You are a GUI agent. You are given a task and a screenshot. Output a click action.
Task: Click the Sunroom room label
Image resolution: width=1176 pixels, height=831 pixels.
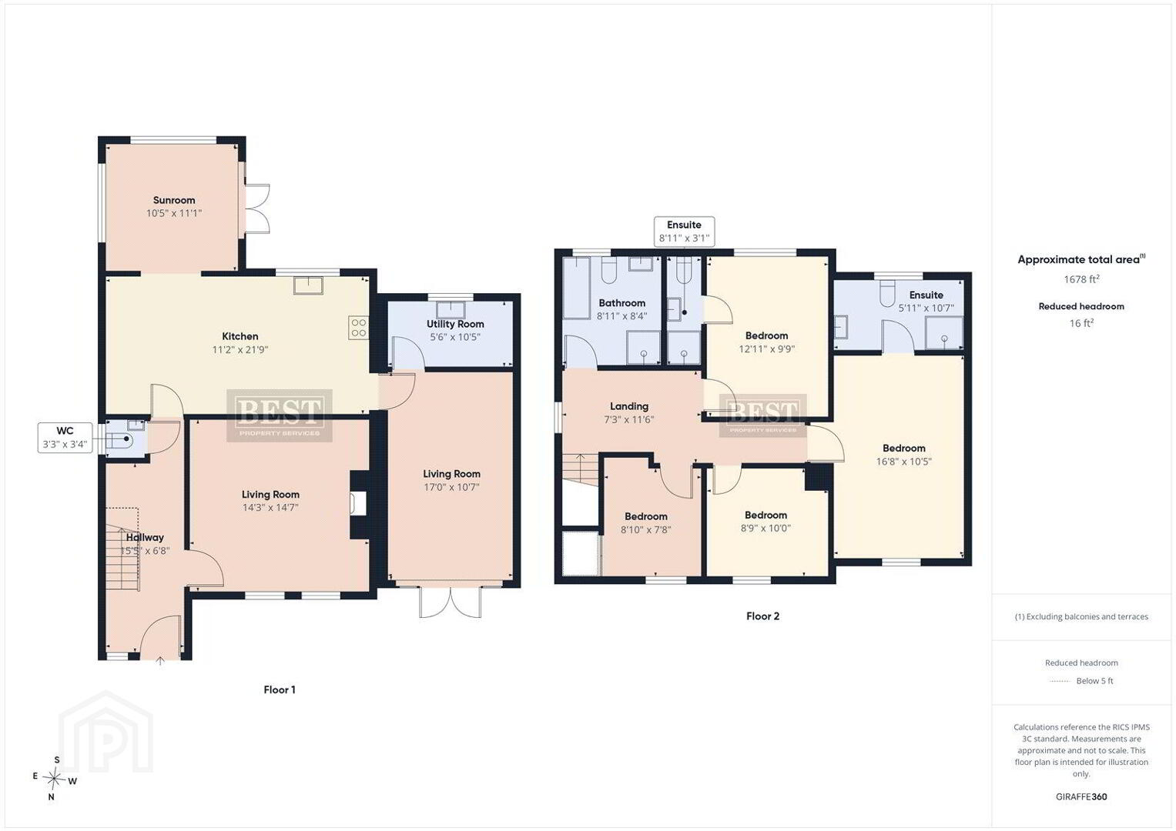point(174,200)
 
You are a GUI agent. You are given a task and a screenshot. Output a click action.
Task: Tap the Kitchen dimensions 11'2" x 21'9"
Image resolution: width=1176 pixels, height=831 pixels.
point(240,349)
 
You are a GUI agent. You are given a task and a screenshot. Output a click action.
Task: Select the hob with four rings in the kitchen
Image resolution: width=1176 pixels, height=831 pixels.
point(359,328)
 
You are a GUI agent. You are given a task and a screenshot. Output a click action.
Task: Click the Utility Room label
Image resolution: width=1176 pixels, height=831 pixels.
point(455,324)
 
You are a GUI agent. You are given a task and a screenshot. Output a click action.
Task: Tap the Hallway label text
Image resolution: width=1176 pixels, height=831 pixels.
point(145,537)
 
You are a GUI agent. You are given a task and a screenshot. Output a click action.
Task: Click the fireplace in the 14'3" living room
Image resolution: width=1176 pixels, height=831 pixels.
point(359,504)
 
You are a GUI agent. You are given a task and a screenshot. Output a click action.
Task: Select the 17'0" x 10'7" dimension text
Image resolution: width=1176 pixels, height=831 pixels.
point(451,487)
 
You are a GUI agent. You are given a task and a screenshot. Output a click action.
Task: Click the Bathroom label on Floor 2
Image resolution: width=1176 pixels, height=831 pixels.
point(622,302)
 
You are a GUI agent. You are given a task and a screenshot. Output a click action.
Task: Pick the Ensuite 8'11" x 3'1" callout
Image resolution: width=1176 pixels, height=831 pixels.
point(684,232)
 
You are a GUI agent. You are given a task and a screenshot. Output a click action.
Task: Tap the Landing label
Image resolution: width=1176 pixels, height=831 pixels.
point(629,406)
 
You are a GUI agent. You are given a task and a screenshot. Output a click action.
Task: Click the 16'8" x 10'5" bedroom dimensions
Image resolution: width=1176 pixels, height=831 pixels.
point(903,462)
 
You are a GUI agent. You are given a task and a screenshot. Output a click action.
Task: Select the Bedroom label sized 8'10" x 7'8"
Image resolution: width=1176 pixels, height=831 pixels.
point(645,516)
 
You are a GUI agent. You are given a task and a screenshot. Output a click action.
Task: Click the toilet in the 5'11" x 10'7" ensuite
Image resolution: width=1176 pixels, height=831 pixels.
point(886,293)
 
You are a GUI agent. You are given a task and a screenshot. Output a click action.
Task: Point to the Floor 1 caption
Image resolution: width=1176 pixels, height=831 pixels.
point(280,690)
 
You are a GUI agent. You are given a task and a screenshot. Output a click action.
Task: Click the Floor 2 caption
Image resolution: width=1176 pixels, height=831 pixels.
point(763,616)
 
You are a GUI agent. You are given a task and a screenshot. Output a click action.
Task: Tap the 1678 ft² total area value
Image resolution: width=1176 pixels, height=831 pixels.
point(1081,279)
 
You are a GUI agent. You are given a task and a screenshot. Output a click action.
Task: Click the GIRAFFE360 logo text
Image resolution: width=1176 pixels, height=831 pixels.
point(1081,796)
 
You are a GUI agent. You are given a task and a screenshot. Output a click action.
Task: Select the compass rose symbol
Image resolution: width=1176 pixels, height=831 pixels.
point(54,779)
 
